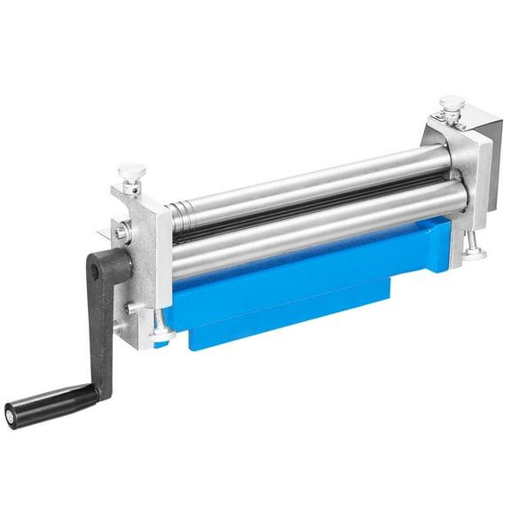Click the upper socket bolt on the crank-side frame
tap(120, 233)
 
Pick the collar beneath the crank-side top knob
tap(133, 185)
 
